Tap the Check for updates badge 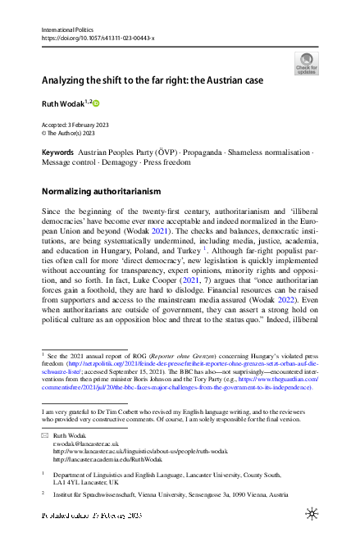(306, 63)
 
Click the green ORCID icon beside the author (94, 104)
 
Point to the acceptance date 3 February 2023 (92, 125)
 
